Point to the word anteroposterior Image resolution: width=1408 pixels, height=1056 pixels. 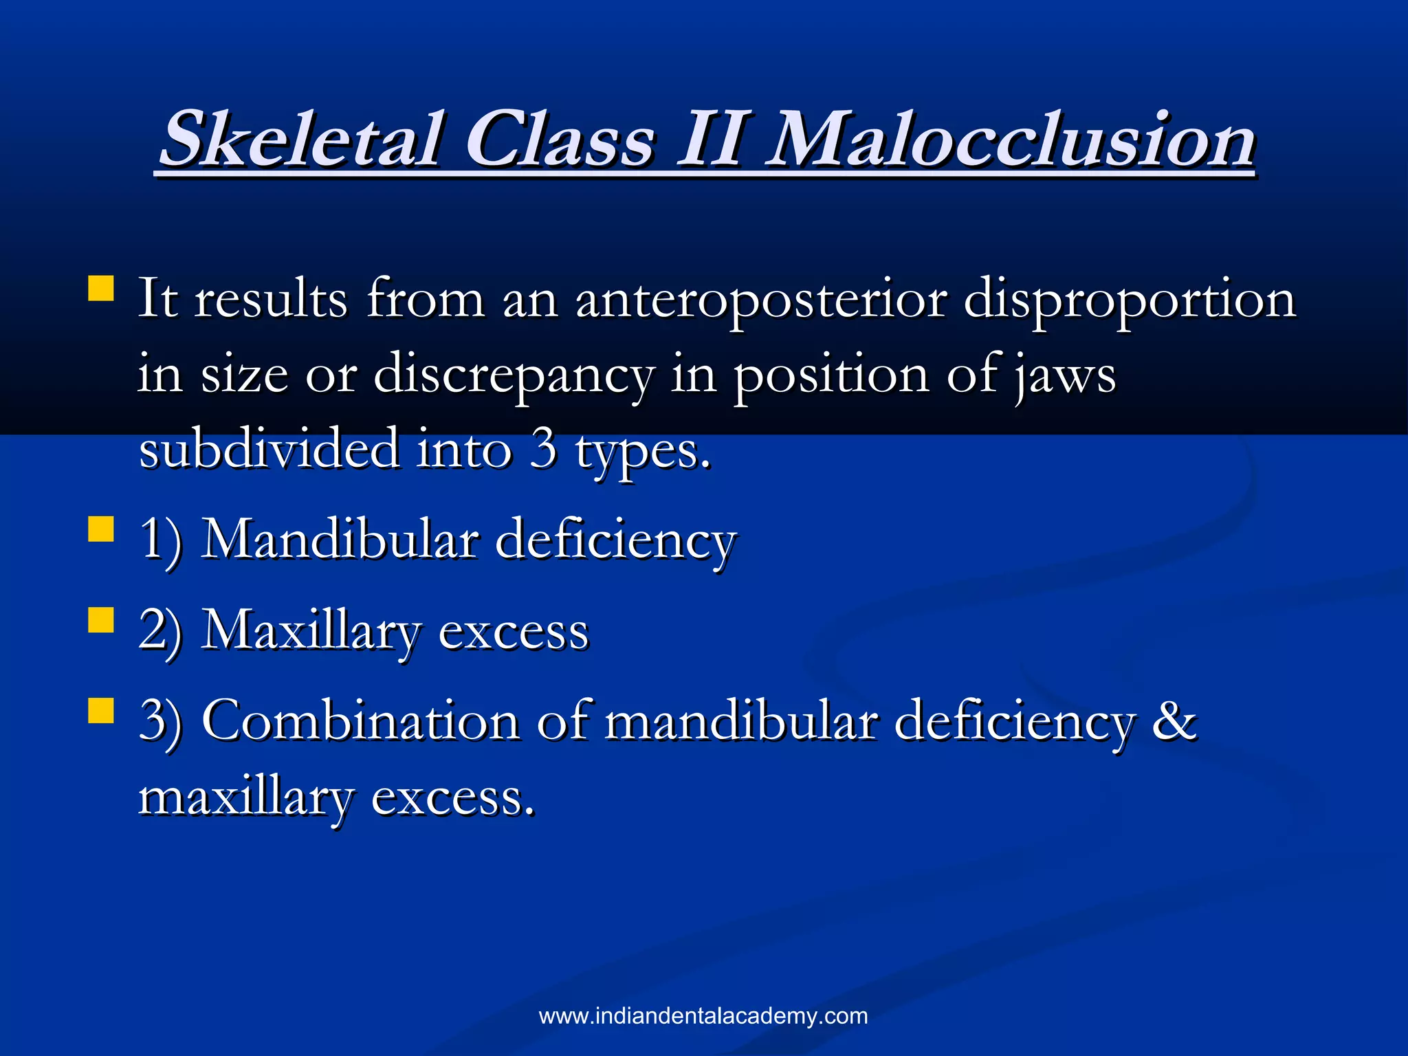(x=761, y=300)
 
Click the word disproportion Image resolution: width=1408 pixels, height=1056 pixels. (x=1130, y=300)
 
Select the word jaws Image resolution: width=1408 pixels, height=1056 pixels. (x=1065, y=376)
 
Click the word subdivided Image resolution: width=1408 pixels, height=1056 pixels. (x=269, y=449)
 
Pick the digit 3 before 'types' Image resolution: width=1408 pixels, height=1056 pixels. (x=544, y=449)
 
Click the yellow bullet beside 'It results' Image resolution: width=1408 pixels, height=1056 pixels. (x=101, y=289)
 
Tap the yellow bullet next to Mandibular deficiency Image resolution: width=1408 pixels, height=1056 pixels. (x=101, y=529)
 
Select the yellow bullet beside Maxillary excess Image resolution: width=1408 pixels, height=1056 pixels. (x=101, y=619)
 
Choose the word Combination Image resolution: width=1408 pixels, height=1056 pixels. (x=361, y=721)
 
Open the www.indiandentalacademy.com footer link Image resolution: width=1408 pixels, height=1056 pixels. (x=703, y=1016)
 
